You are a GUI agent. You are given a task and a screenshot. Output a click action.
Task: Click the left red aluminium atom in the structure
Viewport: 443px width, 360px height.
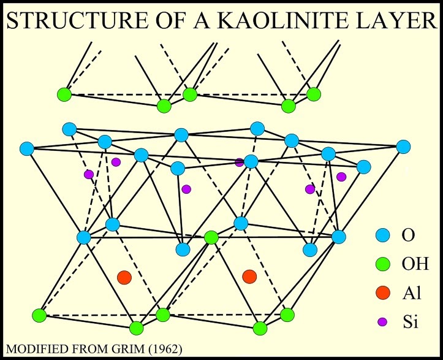(x=124, y=277)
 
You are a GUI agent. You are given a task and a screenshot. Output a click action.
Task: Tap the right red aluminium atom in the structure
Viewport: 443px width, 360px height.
(x=249, y=277)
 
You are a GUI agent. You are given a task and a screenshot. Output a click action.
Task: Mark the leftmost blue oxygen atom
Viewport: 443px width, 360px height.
(x=26, y=148)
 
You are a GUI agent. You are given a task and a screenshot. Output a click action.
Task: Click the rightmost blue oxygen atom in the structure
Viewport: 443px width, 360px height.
(x=403, y=147)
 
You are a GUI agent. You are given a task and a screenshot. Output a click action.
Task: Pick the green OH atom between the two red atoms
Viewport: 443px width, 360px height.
(x=211, y=237)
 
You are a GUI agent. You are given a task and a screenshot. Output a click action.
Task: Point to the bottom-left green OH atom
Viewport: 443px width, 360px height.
(x=40, y=316)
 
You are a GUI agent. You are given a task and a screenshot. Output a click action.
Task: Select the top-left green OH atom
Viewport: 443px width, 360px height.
(x=64, y=94)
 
